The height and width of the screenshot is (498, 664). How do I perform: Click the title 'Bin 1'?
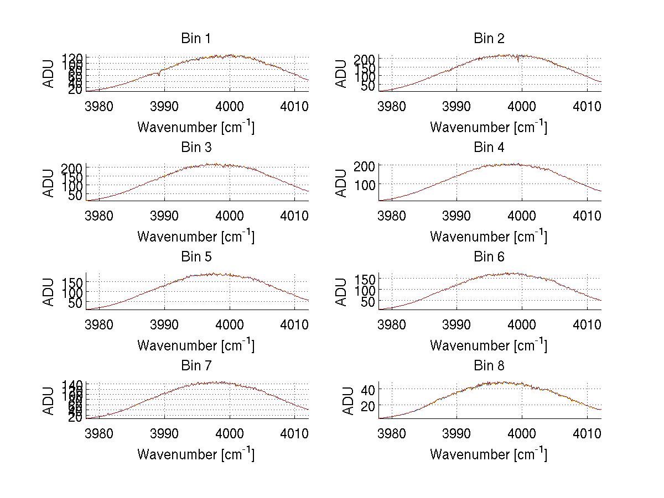(196, 39)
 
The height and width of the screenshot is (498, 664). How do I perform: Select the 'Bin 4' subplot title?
(489, 148)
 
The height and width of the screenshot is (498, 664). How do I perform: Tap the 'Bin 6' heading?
(489, 257)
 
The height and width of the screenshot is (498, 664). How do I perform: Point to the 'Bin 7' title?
(196, 366)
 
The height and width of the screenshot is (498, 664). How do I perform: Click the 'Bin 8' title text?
(489, 366)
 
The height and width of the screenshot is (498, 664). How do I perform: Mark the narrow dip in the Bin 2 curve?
(518, 60)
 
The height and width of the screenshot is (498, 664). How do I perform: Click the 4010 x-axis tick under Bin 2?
(587, 106)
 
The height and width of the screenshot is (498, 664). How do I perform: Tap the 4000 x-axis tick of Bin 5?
(230, 324)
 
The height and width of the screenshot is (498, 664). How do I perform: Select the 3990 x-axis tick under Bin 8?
(457, 433)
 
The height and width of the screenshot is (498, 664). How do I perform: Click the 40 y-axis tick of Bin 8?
(368, 390)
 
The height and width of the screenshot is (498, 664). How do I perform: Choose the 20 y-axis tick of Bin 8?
(368, 406)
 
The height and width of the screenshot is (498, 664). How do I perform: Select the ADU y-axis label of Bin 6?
(341, 292)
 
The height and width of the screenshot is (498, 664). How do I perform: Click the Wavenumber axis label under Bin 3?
(196, 236)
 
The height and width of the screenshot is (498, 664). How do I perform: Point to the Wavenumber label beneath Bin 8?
(489, 454)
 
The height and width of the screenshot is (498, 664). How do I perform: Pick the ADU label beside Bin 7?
(49, 401)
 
